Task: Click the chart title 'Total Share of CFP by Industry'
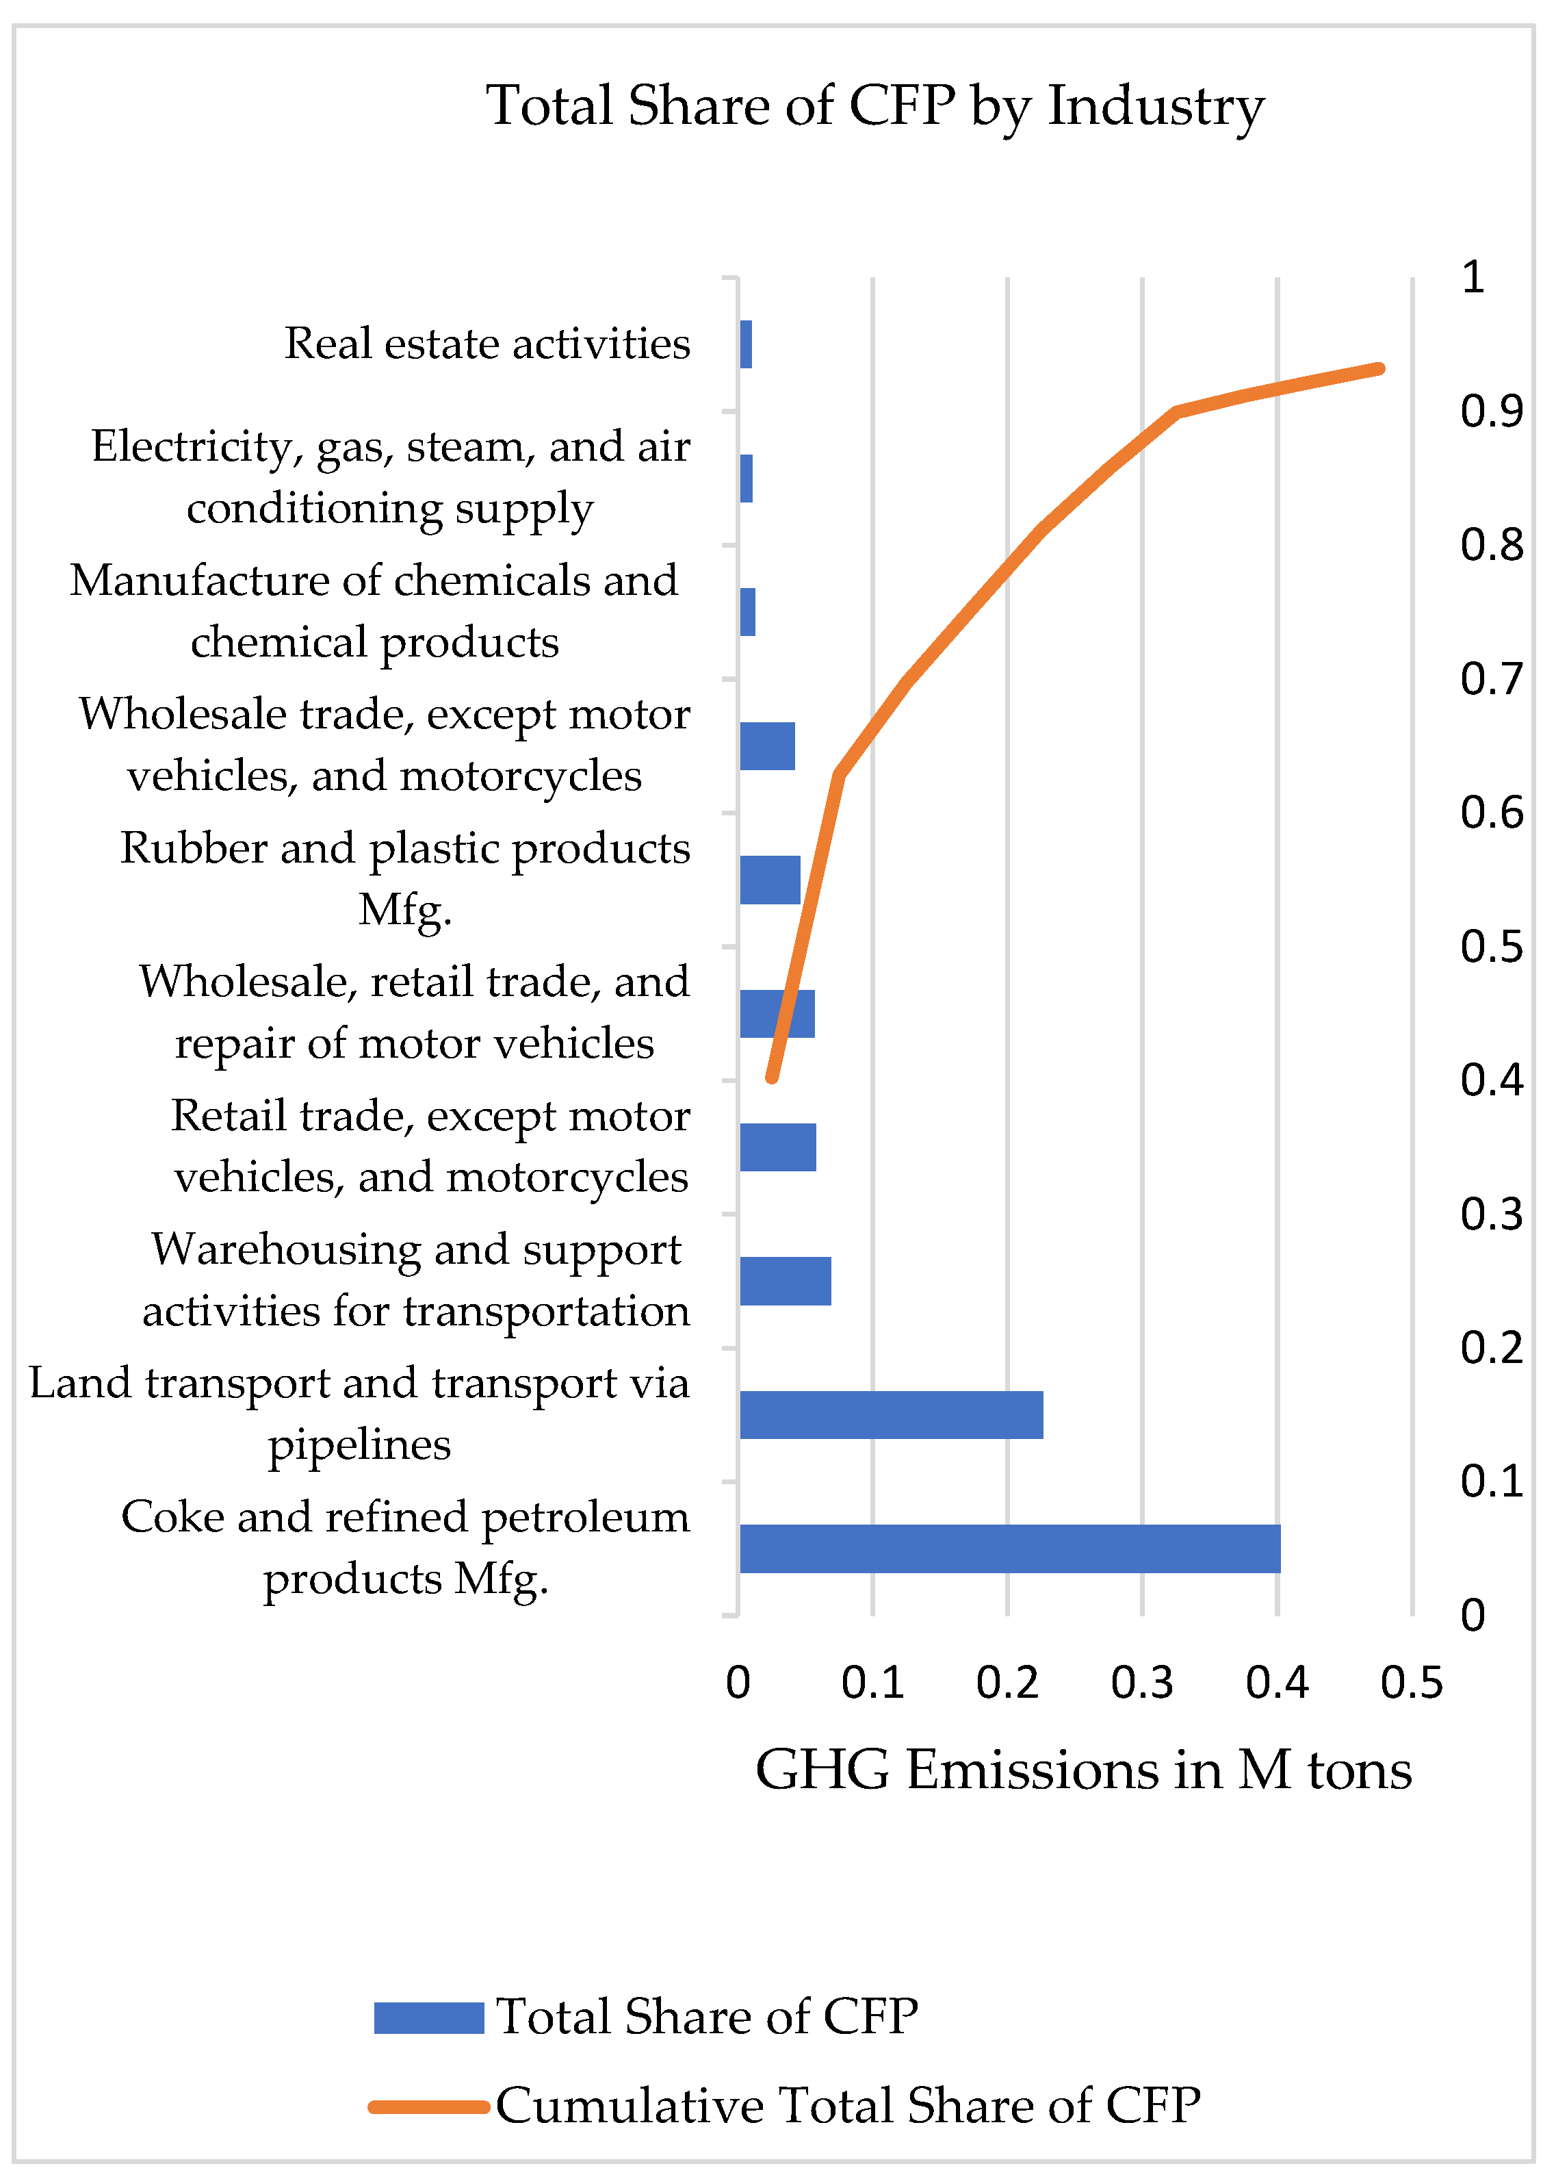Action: pos(874,105)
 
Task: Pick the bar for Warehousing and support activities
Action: pos(785,1281)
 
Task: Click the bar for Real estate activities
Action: pos(745,344)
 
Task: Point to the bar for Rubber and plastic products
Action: pos(769,879)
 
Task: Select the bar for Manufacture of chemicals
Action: pos(747,611)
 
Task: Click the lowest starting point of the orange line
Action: pos(771,1078)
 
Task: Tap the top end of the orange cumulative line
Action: pos(1379,369)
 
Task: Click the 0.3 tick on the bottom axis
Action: pos(1141,1682)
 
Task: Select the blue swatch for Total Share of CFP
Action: pos(428,2017)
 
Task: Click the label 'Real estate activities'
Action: pos(487,343)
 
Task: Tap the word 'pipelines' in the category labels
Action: pos(359,1444)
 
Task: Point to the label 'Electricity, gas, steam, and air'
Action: pos(390,447)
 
